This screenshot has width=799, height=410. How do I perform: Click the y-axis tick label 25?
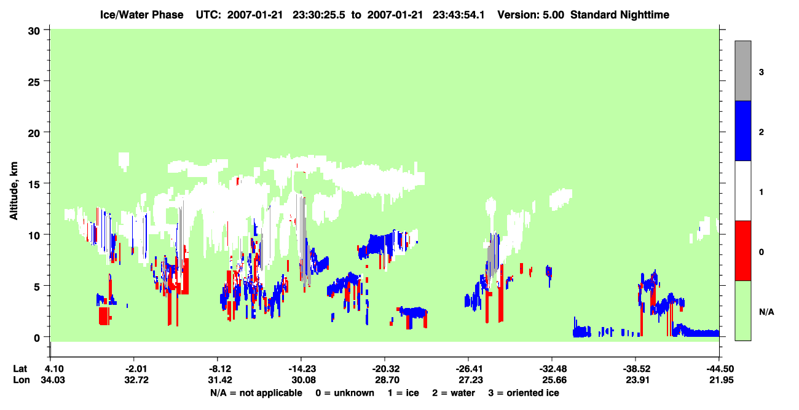coord(34,82)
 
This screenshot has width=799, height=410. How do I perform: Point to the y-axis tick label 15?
coord(34,184)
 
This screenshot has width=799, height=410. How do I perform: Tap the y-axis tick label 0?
coord(37,338)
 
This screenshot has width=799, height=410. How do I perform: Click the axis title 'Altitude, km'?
coord(14,191)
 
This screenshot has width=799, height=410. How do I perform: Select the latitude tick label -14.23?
coord(302,369)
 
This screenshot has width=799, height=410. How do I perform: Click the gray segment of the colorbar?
coord(743,71)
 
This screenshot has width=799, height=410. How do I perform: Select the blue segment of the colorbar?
coord(743,130)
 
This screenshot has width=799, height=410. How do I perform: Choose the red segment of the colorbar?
coord(743,251)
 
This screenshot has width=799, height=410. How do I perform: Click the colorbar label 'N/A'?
coord(766,312)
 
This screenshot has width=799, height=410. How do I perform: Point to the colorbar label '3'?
coord(761,73)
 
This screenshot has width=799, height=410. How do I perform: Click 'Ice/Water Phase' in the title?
coord(141,15)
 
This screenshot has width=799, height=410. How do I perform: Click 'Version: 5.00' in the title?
coord(531,15)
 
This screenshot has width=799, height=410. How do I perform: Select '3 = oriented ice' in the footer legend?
coord(524,393)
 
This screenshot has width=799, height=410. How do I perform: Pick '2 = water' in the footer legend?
coord(454,393)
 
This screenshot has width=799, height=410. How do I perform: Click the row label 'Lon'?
coord(22,380)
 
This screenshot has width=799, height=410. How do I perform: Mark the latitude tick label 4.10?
coord(52,369)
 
